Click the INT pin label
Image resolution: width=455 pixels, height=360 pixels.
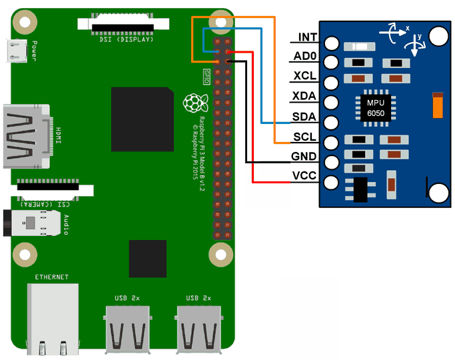pos(308,37)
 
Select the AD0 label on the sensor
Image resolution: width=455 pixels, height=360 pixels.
pos(304,56)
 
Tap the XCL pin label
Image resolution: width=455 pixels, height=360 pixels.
pos(304,76)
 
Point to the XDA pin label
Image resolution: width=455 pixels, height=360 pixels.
pos(304,96)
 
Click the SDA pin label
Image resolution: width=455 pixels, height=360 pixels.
pos(304,117)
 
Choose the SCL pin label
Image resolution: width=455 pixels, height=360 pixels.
pos(304,137)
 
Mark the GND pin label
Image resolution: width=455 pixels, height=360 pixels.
pos(304,157)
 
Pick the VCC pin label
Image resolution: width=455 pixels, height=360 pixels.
pos(304,175)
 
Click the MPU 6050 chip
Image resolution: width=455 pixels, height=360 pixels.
pos(376,108)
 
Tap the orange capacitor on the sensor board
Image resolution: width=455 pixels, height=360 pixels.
pos(438,105)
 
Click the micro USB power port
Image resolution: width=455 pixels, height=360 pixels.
pos(16,51)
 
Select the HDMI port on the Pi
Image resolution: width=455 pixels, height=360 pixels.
pos(27,137)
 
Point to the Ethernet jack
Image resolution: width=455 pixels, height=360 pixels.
pos(53,319)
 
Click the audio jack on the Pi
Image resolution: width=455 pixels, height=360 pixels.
pos(32,223)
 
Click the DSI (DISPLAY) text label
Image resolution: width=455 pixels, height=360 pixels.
pos(126,39)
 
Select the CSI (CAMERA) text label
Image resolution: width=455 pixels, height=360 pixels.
pos(45,204)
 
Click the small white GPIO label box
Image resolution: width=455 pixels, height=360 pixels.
pos(207,77)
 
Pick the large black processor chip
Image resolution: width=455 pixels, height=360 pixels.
pos(143,119)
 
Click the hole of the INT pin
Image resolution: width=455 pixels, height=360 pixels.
pos(331,43)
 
